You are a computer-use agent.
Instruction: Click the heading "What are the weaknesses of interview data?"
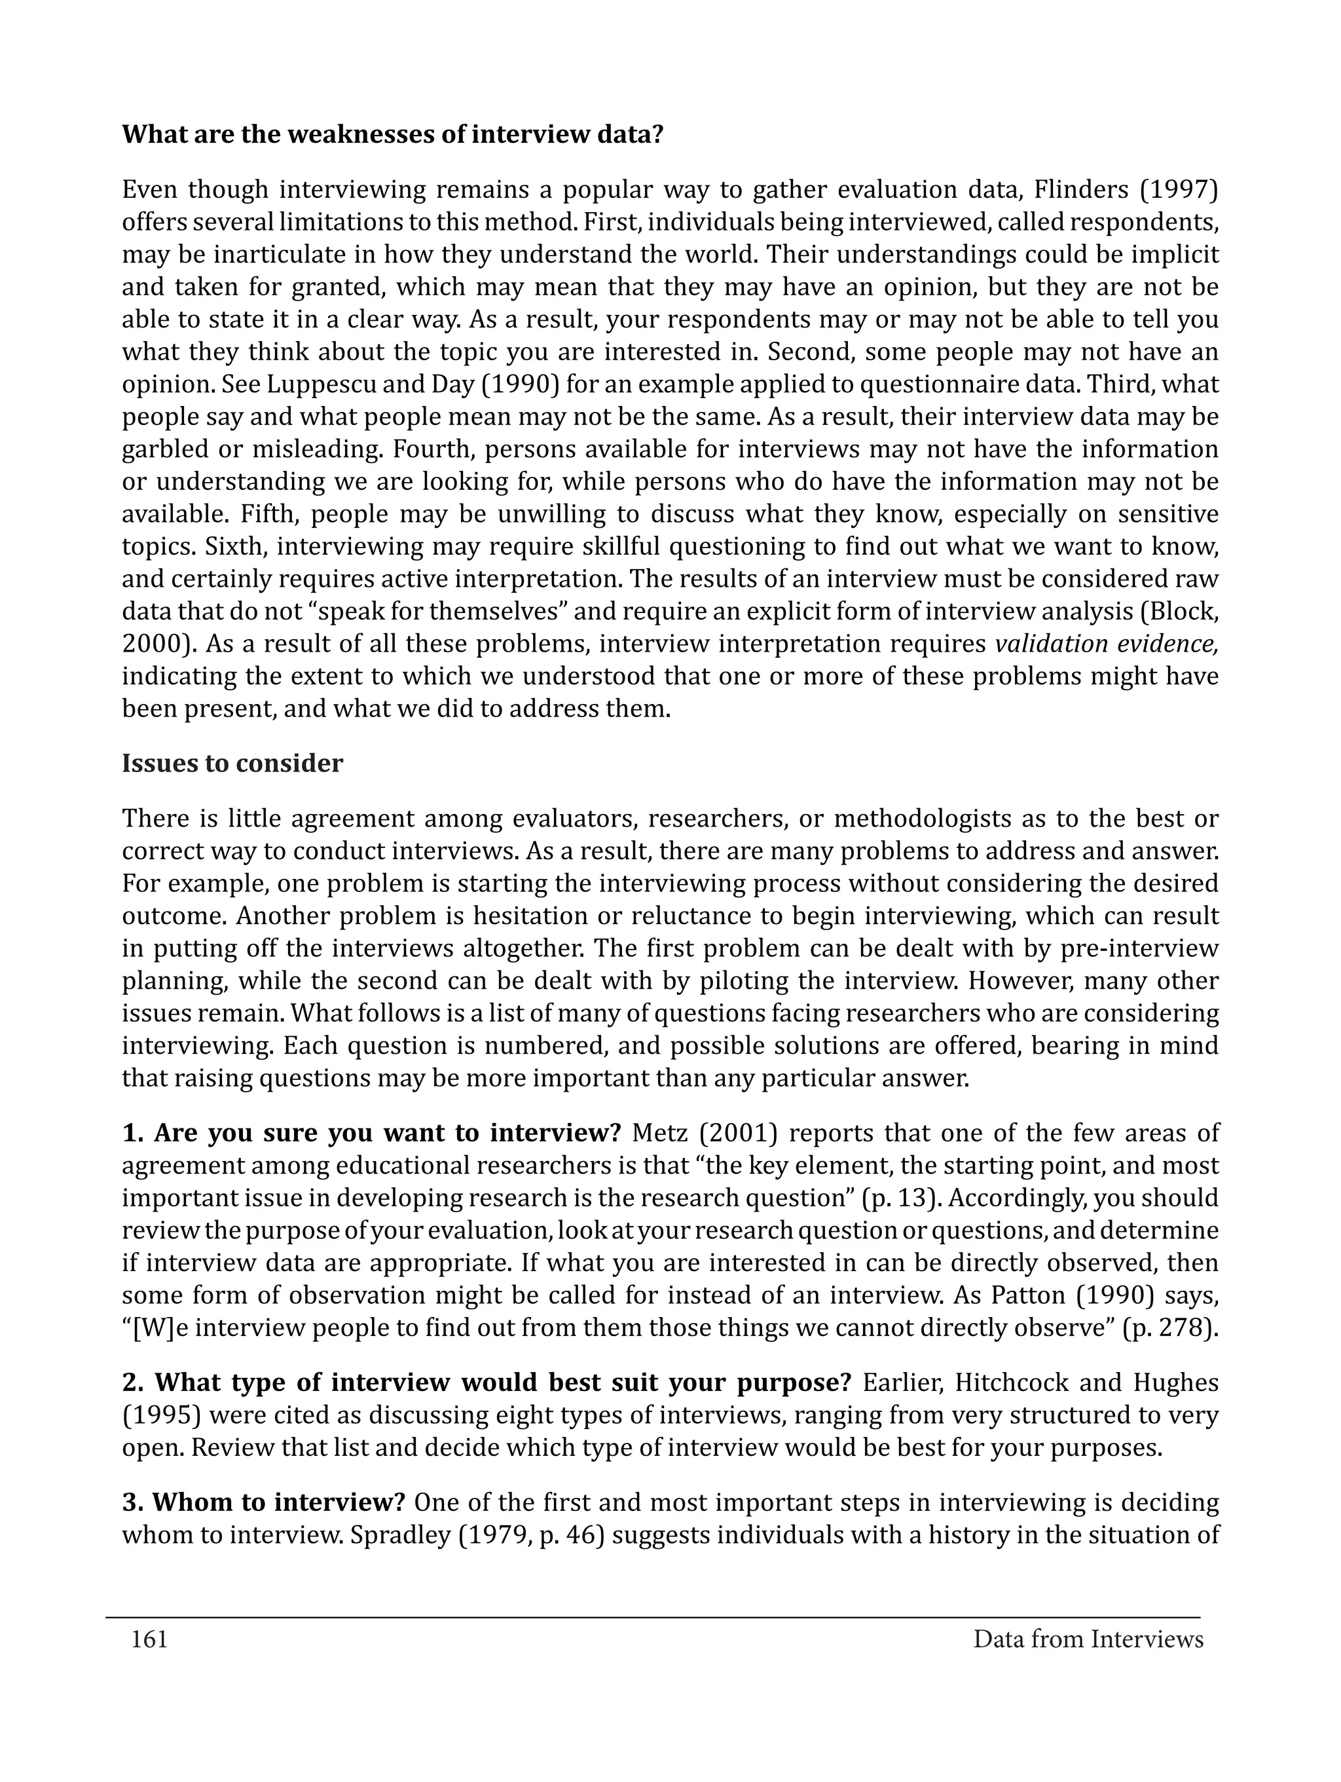click(x=392, y=134)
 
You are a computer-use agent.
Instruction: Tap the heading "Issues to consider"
click(x=232, y=763)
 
